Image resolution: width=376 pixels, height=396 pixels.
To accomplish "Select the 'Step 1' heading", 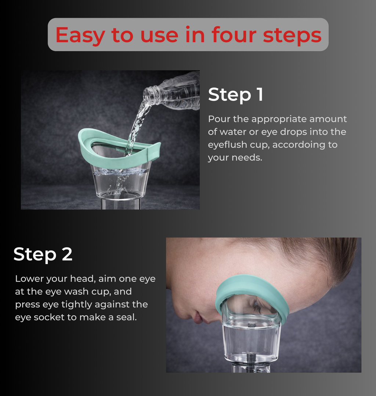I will tap(235, 95).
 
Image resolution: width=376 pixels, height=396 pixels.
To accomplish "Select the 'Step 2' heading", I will tap(43, 254).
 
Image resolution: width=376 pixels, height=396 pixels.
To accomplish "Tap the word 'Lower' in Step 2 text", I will tap(29, 279).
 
